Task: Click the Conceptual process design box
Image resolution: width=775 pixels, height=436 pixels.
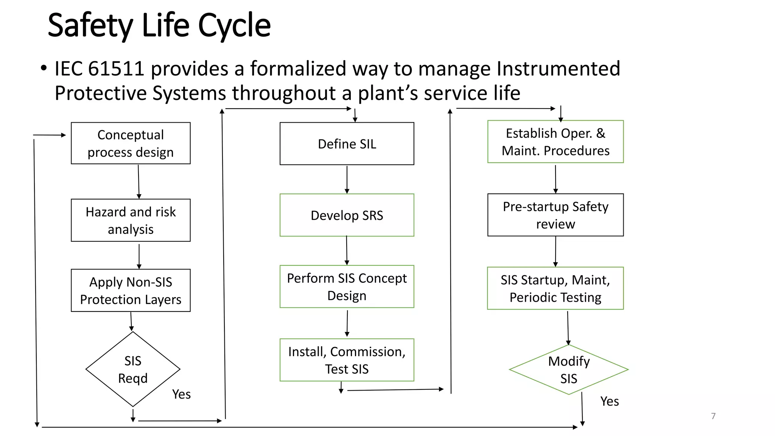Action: pyautogui.click(x=131, y=143)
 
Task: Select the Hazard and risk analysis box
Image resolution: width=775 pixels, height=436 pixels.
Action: pyautogui.click(x=131, y=220)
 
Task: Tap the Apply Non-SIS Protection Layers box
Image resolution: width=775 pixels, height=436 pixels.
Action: pyautogui.click(x=131, y=290)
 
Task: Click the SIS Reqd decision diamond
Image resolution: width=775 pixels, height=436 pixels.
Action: pyautogui.click(x=133, y=369)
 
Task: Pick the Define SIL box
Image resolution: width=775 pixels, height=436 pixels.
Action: pyautogui.click(x=347, y=144)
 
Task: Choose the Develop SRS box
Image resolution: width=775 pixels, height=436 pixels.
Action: pyautogui.click(x=347, y=215)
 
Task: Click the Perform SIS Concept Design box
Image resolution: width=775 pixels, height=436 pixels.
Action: pyautogui.click(x=347, y=287)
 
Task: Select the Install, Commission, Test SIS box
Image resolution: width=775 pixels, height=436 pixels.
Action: pyautogui.click(x=347, y=360)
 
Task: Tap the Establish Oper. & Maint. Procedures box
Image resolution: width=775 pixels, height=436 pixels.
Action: pyautogui.click(x=555, y=142)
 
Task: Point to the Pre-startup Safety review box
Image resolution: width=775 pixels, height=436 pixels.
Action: pyautogui.click(x=555, y=215)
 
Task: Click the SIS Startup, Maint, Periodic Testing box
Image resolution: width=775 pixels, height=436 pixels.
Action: pyautogui.click(x=555, y=288)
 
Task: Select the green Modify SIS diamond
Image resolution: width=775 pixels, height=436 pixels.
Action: pyautogui.click(x=568, y=370)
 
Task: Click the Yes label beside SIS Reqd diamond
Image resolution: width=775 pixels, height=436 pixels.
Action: pyautogui.click(x=181, y=394)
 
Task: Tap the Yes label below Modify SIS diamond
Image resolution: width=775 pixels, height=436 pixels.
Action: pyautogui.click(x=609, y=401)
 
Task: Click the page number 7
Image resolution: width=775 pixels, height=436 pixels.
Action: pyautogui.click(x=713, y=416)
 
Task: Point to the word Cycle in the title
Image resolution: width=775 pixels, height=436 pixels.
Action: pyautogui.click(x=234, y=26)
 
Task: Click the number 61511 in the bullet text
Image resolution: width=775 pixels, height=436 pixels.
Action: pyautogui.click(x=116, y=69)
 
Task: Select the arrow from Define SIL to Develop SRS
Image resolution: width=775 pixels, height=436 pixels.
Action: pyautogui.click(x=347, y=179)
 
